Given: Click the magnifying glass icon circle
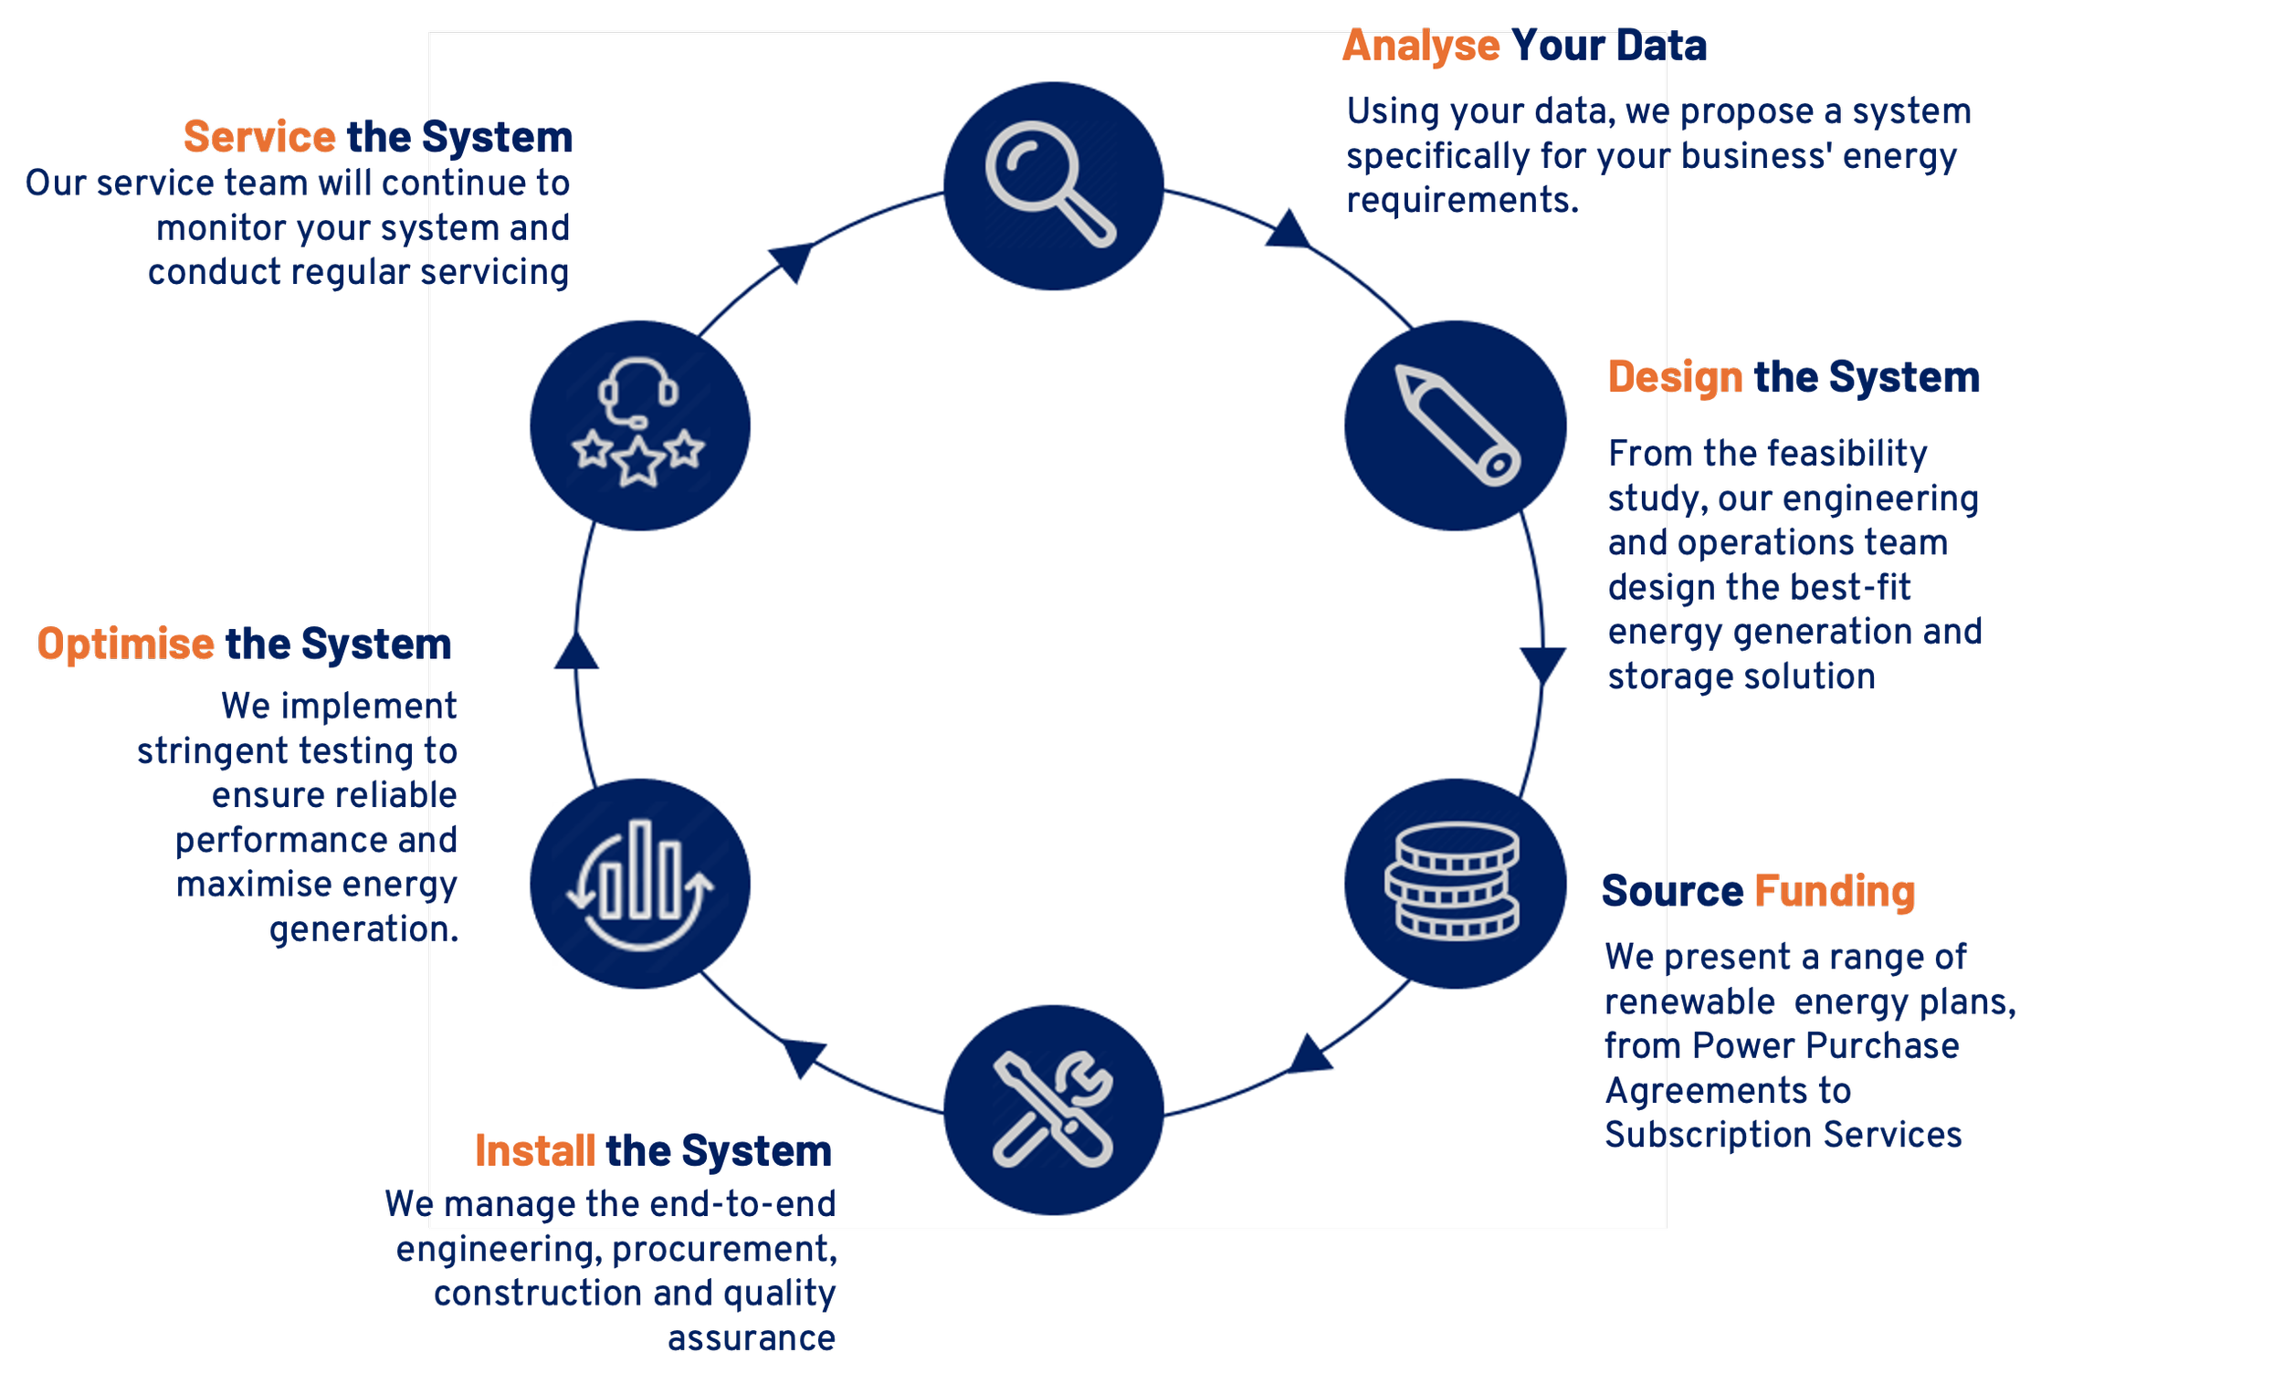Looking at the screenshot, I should (x=1054, y=186).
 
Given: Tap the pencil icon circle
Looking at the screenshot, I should (x=1455, y=425).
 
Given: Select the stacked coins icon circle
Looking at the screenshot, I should (x=1455, y=883).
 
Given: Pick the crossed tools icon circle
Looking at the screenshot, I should (x=1054, y=1110).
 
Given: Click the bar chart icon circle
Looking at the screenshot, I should (x=640, y=883).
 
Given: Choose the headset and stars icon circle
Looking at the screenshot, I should (x=640, y=425).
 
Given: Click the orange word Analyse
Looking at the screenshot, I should (x=1420, y=47).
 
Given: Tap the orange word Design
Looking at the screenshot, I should (x=1675, y=377).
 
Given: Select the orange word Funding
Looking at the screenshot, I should (x=1834, y=891).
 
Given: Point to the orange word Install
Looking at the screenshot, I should (x=534, y=1151).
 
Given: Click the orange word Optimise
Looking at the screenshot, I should (x=126, y=645).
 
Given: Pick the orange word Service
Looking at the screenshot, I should (x=259, y=138).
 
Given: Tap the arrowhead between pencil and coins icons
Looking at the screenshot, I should (x=1542, y=665).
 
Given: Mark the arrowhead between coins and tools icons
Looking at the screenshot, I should (x=1310, y=1056).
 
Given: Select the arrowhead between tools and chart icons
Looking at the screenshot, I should (x=804, y=1057).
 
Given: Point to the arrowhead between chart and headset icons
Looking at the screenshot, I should (x=576, y=652).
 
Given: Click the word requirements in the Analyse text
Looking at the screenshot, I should (x=1461, y=201).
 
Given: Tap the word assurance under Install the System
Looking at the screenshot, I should (x=752, y=1338).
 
